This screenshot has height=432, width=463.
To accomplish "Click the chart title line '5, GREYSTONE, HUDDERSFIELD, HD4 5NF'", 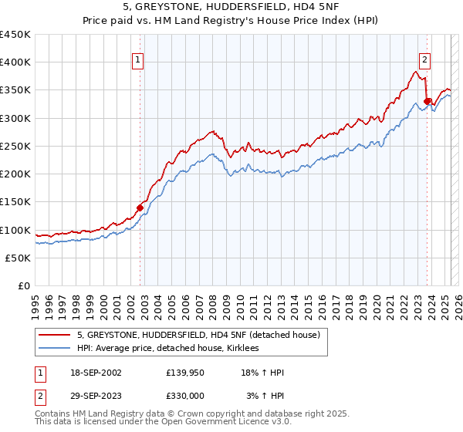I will click(231, 8).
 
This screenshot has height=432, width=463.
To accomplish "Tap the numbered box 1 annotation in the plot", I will click(137, 60).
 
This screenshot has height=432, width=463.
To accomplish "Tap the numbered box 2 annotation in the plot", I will click(424, 60).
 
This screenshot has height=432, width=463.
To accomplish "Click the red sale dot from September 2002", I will click(140, 208).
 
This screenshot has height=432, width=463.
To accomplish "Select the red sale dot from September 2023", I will click(427, 101).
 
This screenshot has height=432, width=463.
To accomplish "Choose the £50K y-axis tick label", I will click(19, 258).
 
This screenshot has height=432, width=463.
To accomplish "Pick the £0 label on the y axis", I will click(25, 285).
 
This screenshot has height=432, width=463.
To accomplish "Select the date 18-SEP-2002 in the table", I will click(95, 373).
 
